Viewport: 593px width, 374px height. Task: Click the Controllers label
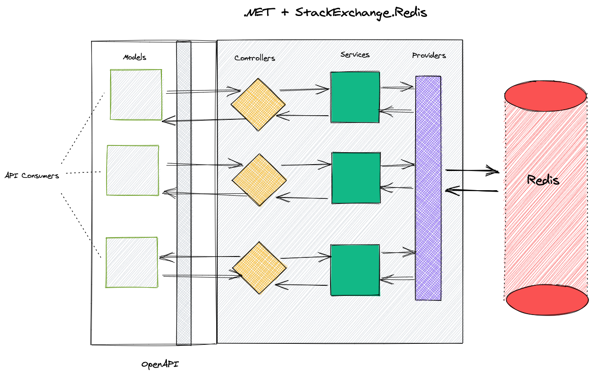[x=255, y=58]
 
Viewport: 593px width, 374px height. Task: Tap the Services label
[x=355, y=55]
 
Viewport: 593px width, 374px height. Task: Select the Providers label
[x=429, y=56]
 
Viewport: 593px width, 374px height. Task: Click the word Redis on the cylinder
[x=543, y=180]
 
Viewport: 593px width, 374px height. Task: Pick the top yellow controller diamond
[x=258, y=105]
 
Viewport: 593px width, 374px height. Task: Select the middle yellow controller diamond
[x=260, y=180]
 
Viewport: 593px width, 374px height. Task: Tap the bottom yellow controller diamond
[x=260, y=268]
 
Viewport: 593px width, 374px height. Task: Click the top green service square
[x=355, y=97]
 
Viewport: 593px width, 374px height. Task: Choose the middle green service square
[x=356, y=177]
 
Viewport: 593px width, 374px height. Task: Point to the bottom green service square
[x=355, y=270]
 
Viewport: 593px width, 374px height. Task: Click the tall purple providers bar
[x=428, y=188]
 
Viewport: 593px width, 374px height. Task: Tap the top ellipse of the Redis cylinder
[x=545, y=96]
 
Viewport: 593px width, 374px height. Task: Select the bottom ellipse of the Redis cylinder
[x=547, y=300]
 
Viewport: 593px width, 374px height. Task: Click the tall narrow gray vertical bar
[x=184, y=192]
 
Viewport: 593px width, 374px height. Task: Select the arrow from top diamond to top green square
[x=305, y=89]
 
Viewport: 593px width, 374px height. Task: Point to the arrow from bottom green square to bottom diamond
[x=303, y=286]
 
